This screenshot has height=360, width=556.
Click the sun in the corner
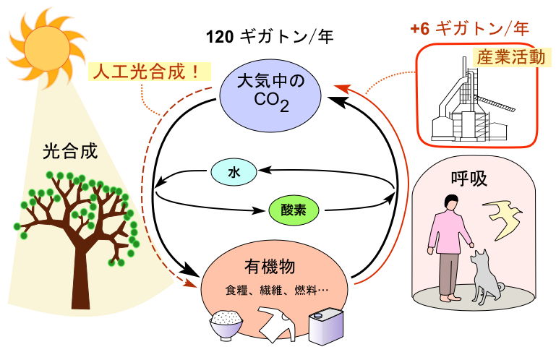point(46,46)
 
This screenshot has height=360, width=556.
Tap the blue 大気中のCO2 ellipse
point(270,95)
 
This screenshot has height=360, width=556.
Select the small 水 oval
point(234,172)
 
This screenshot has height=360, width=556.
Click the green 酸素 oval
point(294,210)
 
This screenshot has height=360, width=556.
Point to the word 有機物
point(270,266)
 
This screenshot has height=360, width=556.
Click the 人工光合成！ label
point(149,72)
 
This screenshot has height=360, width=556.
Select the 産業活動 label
point(511,57)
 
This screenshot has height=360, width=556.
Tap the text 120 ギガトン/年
point(270,36)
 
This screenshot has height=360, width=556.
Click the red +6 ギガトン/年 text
point(469,28)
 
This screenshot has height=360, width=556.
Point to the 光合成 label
point(70,152)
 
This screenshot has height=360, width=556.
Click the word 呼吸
point(469,179)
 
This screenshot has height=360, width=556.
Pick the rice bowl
point(226,325)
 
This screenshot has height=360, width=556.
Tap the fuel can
point(326,326)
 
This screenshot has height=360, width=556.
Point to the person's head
point(451,202)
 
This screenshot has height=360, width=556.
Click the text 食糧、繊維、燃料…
point(277,291)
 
